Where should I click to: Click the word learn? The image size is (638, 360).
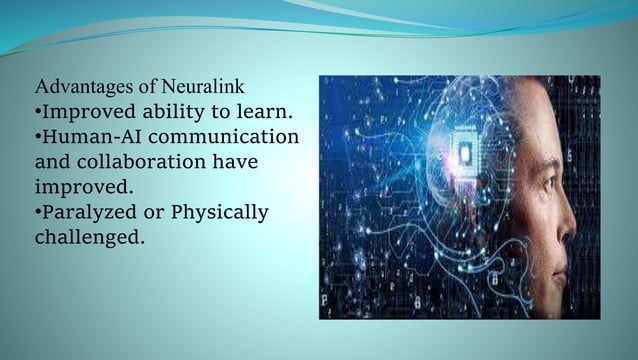[x=263, y=110]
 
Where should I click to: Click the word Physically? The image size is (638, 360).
[x=220, y=212]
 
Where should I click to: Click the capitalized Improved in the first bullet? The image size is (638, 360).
[x=83, y=111]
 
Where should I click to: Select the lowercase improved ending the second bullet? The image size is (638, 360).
[x=77, y=187]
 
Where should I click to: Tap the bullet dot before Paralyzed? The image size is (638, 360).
[x=38, y=212]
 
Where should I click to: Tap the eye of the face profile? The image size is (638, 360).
[x=573, y=183]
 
